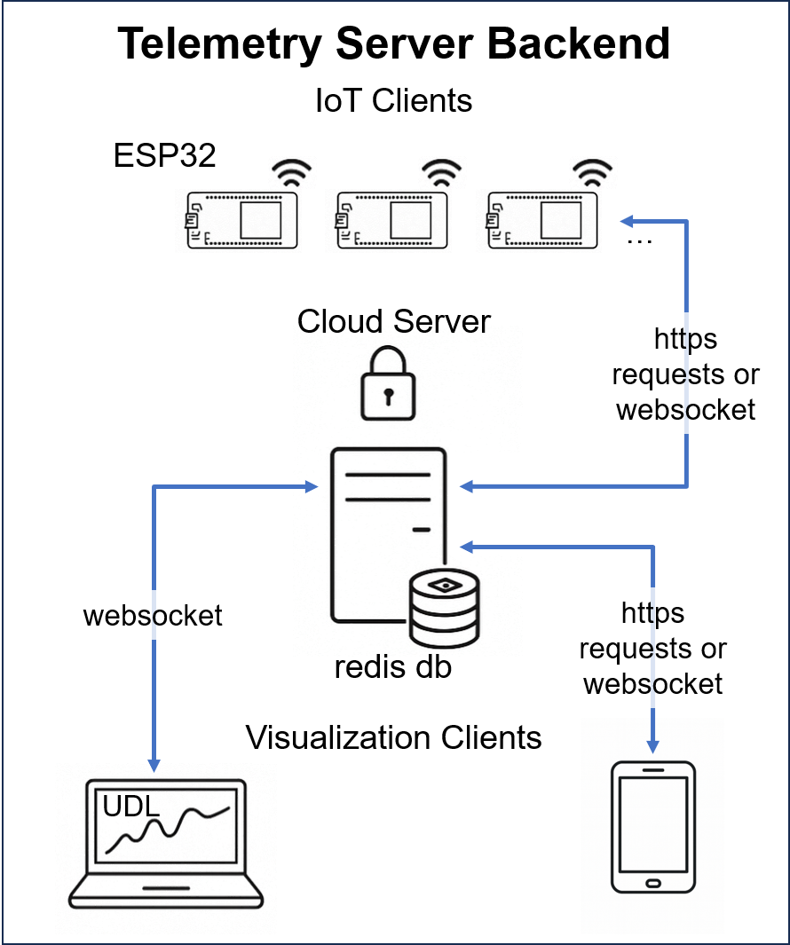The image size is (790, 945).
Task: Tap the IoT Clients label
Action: click(394, 100)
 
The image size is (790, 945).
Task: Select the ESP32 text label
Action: click(165, 155)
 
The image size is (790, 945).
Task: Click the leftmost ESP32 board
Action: click(241, 218)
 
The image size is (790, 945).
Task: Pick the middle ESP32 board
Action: click(392, 218)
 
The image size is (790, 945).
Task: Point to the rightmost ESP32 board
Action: click(543, 218)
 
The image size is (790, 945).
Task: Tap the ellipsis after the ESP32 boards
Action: click(639, 240)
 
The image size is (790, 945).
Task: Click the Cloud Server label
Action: click(394, 320)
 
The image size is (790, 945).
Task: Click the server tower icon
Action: click(388, 532)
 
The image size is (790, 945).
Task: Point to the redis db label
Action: click(393, 666)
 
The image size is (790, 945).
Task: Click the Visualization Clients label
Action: click(393, 737)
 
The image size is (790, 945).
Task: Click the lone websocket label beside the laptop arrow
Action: click(153, 616)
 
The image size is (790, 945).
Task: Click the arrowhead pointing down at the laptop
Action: click(154, 764)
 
